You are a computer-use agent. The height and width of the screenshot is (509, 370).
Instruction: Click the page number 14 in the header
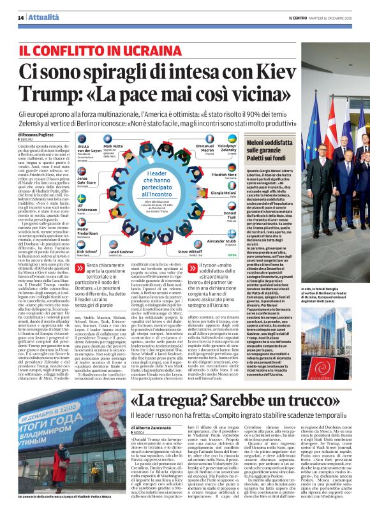[x=20, y=17]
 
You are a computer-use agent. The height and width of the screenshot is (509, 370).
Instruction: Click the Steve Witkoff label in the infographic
[x=189, y=251]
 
